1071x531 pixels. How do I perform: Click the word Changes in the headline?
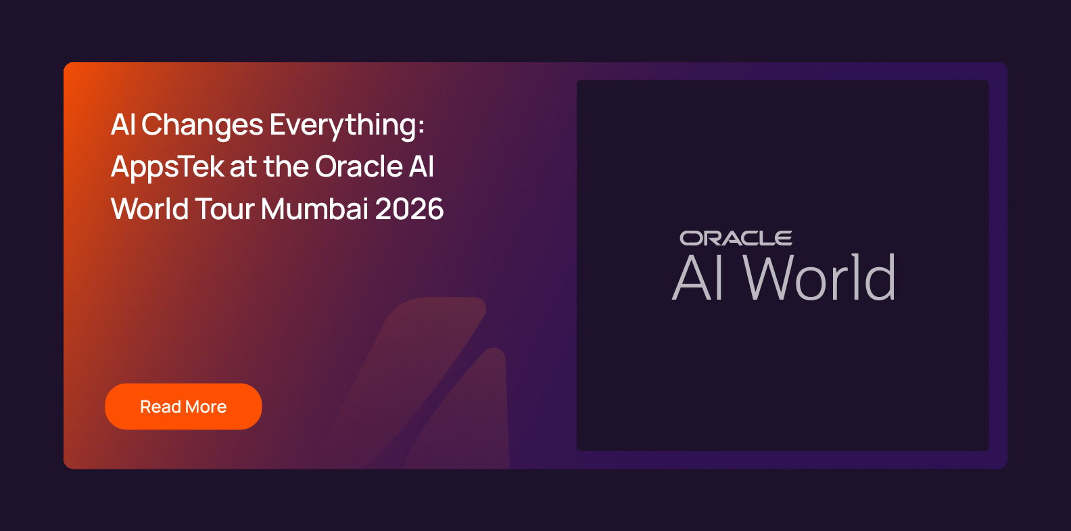[x=202, y=125]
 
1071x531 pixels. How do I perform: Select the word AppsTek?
[x=168, y=168]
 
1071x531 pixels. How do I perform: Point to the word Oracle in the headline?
[x=358, y=166]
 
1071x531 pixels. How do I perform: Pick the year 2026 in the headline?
[x=409, y=210]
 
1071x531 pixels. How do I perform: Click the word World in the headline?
[x=149, y=209]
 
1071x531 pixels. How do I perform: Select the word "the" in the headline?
[x=286, y=166]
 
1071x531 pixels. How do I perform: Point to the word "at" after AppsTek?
[x=243, y=168]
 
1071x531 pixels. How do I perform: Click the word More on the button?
[x=206, y=407]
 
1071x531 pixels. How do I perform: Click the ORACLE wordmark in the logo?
[x=736, y=238]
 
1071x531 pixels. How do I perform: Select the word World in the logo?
[x=819, y=277]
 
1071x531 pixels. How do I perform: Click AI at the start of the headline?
[x=123, y=125]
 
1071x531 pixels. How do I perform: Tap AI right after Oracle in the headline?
[x=421, y=166]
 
